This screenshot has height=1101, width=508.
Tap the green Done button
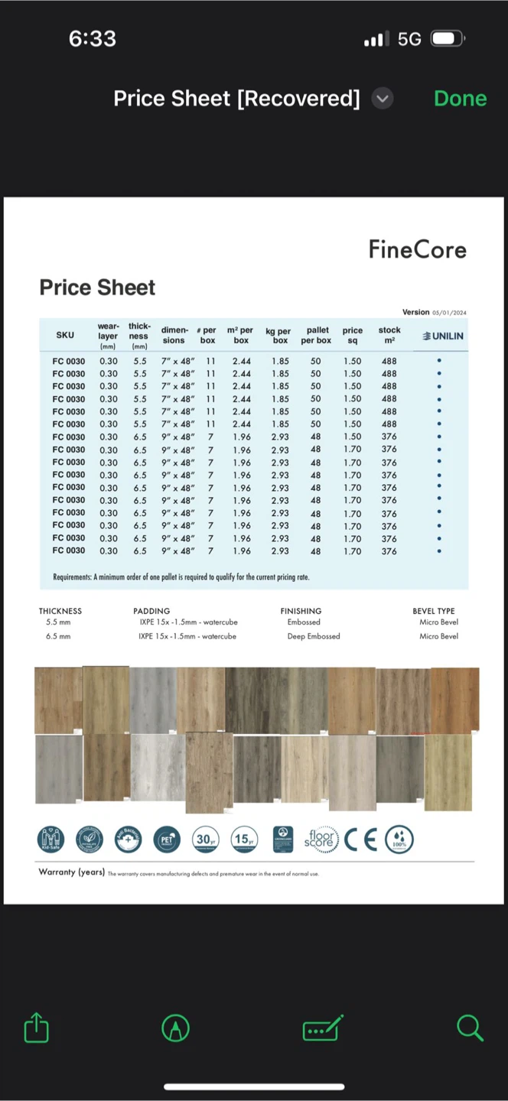pyautogui.click(x=460, y=99)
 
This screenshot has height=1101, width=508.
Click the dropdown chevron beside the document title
pyautogui.click(x=383, y=99)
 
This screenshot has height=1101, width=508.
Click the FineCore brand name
pyautogui.click(x=417, y=249)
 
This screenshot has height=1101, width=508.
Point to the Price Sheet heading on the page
pyautogui.click(x=97, y=287)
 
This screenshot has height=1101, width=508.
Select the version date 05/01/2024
pyautogui.click(x=449, y=313)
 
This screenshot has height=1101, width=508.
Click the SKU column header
pyautogui.click(x=65, y=335)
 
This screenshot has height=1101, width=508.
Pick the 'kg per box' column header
pyautogui.click(x=278, y=336)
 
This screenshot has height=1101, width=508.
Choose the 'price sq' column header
pyautogui.click(x=353, y=336)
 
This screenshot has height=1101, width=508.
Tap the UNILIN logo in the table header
pyautogui.click(x=443, y=336)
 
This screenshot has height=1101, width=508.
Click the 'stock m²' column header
pyautogui.click(x=389, y=336)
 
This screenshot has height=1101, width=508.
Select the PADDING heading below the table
pyautogui.click(x=151, y=611)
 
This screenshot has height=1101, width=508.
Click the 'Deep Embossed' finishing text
pyautogui.click(x=314, y=636)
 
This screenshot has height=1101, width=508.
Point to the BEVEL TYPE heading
pyautogui.click(x=434, y=611)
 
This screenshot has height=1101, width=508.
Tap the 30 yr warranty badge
pyautogui.click(x=205, y=840)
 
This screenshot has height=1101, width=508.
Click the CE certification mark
pyautogui.click(x=360, y=840)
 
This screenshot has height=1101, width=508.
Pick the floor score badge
pyautogui.click(x=321, y=840)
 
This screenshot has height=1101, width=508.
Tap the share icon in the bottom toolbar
pyautogui.click(x=36, y=1028)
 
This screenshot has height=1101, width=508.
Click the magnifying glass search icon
pyautogui.click(x=470, y=1028)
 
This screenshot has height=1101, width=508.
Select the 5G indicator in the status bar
pyautogui.click(x=409, y=39)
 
